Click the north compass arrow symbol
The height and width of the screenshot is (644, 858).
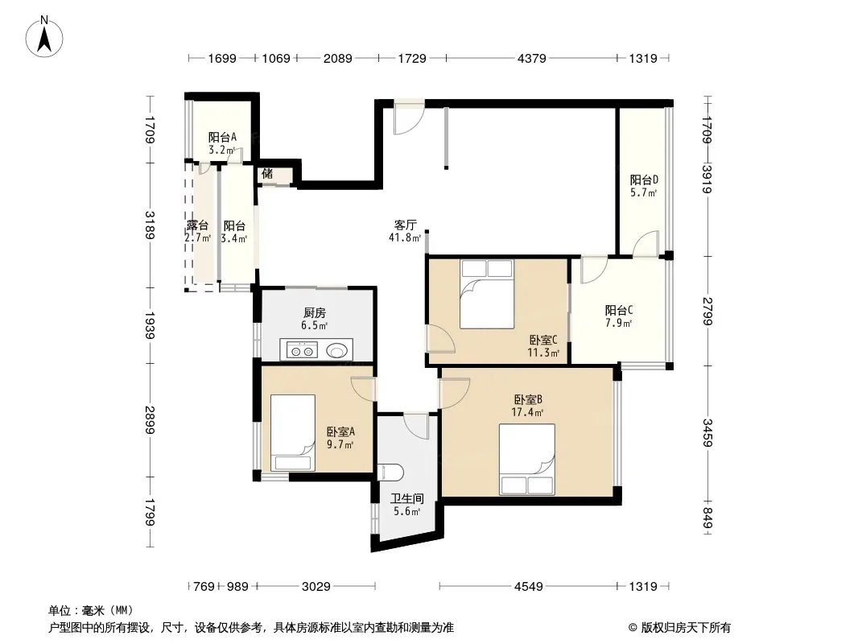point(44,37)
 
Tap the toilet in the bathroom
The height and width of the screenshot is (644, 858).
point(390,472)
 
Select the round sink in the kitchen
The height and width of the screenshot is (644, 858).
point(337,349)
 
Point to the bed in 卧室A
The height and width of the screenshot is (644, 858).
point(293,432)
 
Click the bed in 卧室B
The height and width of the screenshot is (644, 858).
point(527,459)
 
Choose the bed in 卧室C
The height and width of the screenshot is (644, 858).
point(487,295)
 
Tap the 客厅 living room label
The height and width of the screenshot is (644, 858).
point(406,225)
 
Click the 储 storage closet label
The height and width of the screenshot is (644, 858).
point(267,174)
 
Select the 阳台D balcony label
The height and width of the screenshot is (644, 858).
point(644,180)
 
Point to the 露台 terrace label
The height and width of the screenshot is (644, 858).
point(197,225)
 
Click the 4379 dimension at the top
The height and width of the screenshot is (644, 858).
point(531,59)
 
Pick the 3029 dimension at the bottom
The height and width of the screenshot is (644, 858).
point(316,587)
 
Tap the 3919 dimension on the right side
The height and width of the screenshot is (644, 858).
point(707,179)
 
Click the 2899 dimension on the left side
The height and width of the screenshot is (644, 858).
point(150,419)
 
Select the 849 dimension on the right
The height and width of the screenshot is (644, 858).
point(707,518)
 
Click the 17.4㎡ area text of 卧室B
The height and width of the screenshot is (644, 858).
point(527,412)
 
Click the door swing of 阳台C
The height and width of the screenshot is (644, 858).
point(594,269)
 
